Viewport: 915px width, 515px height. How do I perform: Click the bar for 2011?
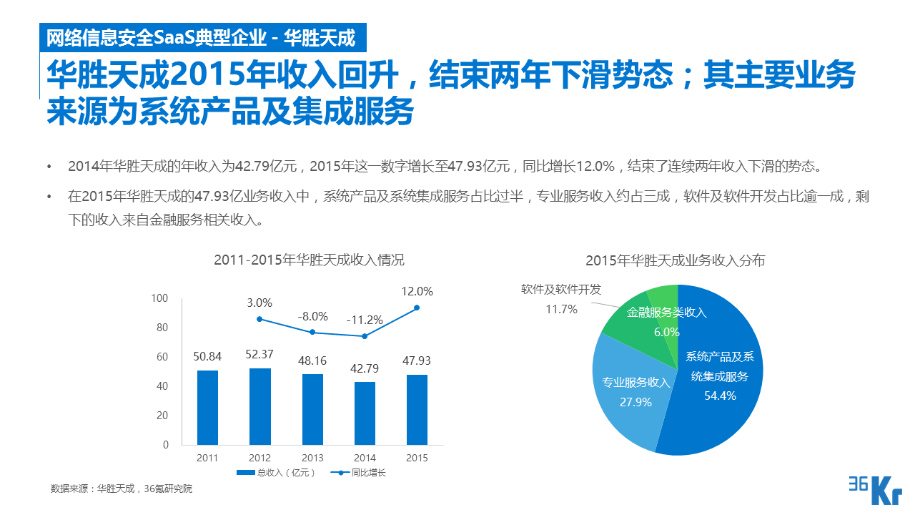(x=207, y=407)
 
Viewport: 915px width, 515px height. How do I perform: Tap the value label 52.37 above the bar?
(x=260, y=354)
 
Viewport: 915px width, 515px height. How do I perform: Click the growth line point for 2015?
(x=417, y=308)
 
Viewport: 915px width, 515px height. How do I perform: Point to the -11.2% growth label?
(x=365, y=320)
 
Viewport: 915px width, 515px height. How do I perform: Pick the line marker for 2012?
(x=259, y=319)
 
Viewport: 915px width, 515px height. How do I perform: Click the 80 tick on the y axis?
(x=162, y=328)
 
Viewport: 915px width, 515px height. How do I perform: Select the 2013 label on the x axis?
(x=312, y=458)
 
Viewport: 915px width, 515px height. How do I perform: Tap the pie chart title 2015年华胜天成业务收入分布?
(x=675, y=260)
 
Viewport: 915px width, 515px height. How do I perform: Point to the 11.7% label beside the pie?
(x=561, y=310)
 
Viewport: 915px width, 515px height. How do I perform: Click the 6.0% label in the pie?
(x=666, y=332)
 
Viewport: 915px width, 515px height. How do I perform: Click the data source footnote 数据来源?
(x=122, y=489)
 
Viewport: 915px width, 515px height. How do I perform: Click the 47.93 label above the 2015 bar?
(x=417, y=360)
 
